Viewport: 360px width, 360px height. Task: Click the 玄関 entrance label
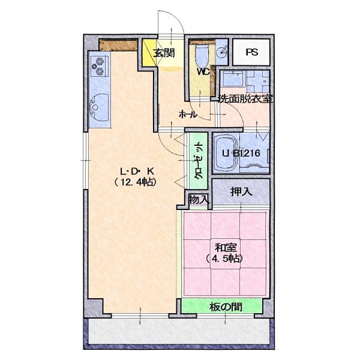tap(164, 53)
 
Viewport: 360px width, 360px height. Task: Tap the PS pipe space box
tap(251, 52)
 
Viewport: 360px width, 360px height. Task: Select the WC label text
tap(203, 72)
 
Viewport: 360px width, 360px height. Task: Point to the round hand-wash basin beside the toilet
tap(221, 52)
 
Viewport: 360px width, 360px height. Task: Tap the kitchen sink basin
tap(99, 107)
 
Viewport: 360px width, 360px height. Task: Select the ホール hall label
tap(188, 114)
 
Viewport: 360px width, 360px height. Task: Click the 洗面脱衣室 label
tap(245, 99)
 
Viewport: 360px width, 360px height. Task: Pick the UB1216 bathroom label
tap(241, 153)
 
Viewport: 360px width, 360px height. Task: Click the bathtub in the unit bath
tap(226, 152)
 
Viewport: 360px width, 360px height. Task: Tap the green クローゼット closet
tap(199, 161)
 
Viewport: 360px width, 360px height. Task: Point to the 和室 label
tap(226, 248)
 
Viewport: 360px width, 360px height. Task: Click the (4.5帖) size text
tap(224, 259)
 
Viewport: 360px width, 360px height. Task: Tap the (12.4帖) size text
tap(136, 182)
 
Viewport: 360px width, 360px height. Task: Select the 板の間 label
tap(226, 307)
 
